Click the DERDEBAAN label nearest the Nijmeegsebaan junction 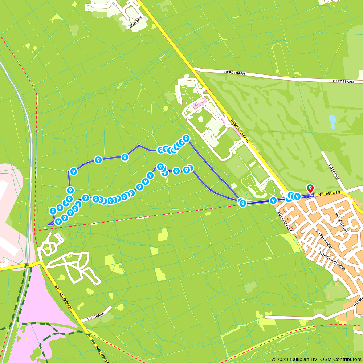coord(234,73)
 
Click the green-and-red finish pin coord(310,188)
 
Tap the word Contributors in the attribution coord(347,359)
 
